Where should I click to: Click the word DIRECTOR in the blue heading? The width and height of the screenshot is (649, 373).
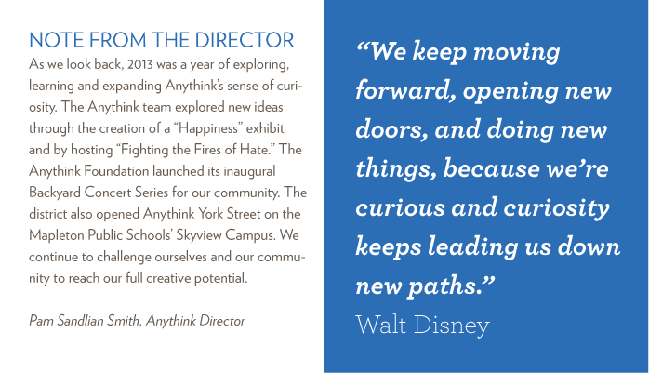245,40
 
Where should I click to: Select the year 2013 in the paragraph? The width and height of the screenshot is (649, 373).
140,64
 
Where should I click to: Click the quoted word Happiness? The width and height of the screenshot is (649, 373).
207,128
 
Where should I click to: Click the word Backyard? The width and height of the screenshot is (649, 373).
55,193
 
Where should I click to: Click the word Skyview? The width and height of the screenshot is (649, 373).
199,235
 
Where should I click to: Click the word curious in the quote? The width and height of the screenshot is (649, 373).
400,207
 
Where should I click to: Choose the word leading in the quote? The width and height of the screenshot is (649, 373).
472,247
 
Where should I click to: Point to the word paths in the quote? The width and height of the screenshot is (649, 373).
451,286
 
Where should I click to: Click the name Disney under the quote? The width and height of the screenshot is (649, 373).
452,326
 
